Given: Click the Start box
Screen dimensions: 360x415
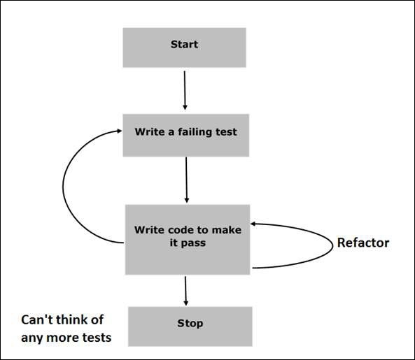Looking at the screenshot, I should [x=185, y=48].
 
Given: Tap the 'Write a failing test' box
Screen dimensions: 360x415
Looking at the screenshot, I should [x=185, y=134].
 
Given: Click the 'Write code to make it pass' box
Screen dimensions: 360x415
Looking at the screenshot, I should [x=188, y=239].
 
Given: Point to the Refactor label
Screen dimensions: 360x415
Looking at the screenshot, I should [x=363, y=243].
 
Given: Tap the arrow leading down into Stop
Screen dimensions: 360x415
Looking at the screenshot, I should [x=185, y=290].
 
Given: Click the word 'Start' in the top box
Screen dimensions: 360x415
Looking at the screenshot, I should [x=185, y=45].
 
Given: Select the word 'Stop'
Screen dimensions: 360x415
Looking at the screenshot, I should [x=190, y=324].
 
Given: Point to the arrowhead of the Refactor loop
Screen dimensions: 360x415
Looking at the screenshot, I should [x=255, y=223].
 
